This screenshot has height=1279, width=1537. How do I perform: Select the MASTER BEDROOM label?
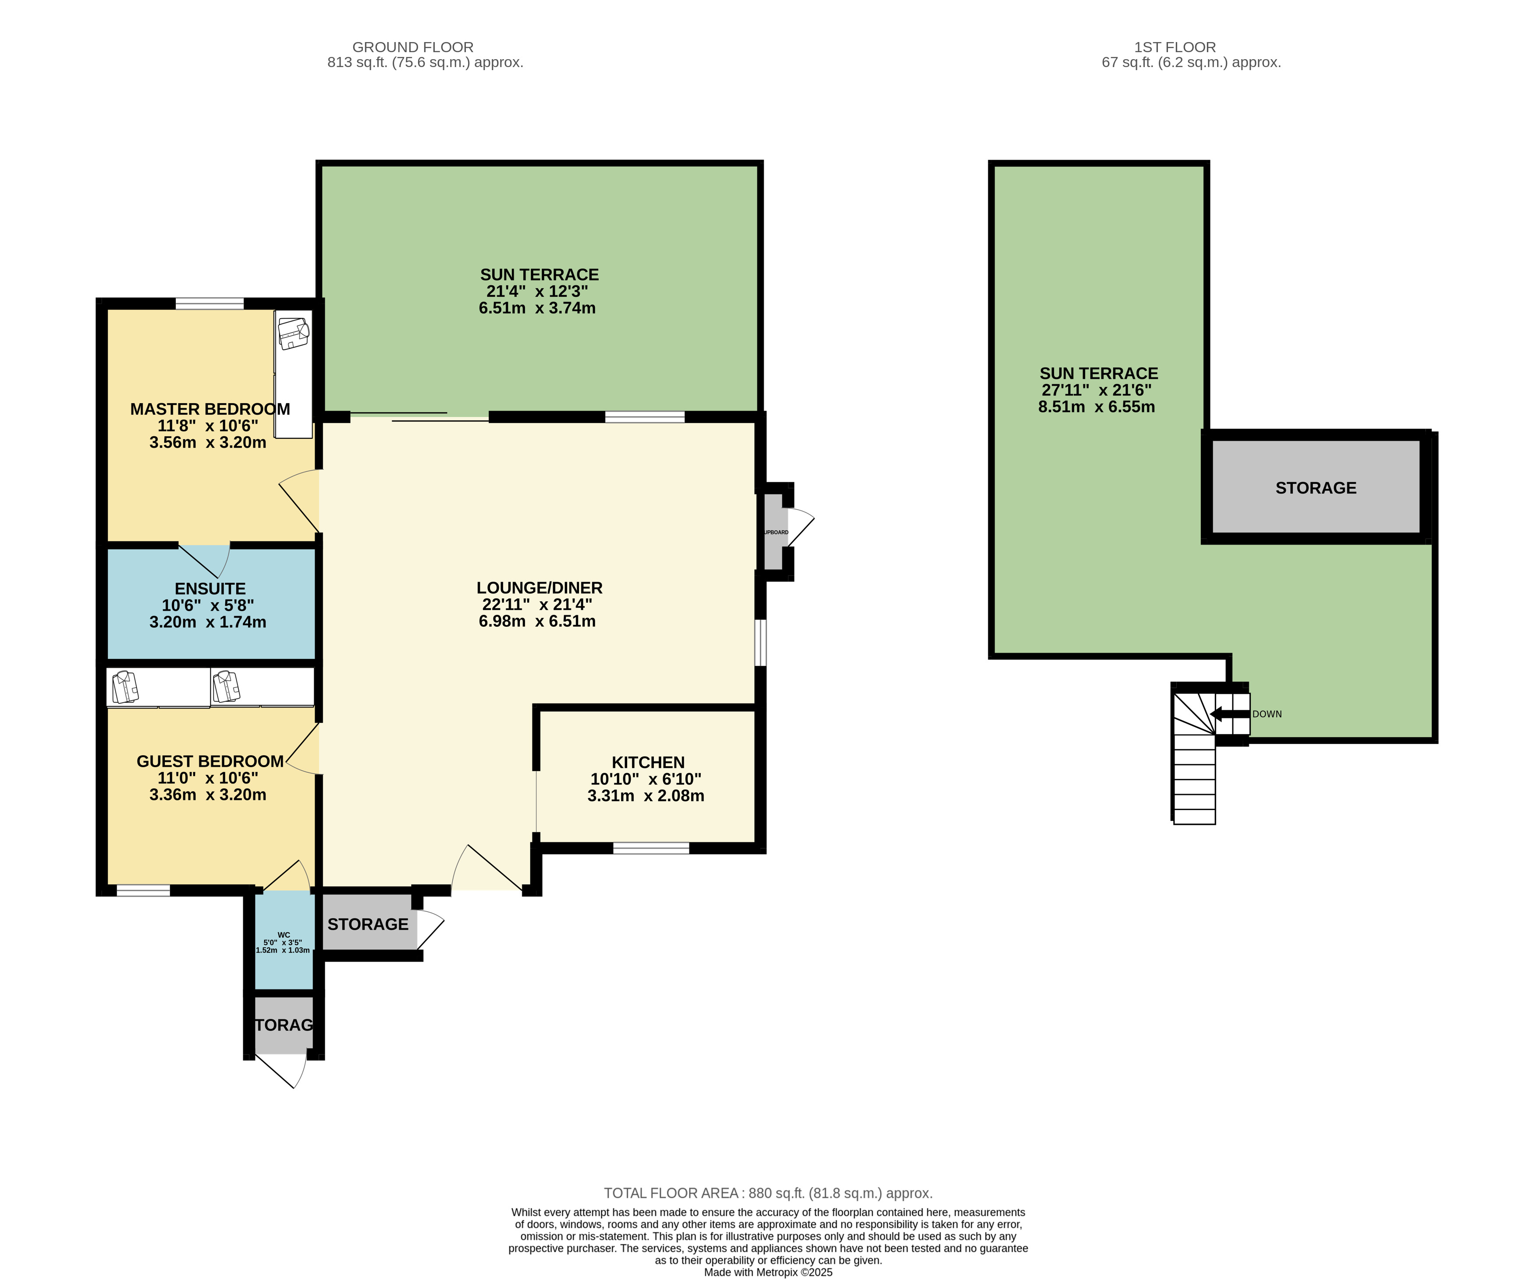pyautogui.click(x=210, y=409)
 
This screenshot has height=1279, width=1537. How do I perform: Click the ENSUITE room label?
pyautogui.click(x=210, y=589)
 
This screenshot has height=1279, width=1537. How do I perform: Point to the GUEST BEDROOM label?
pyautogui.click(x=210, y=761)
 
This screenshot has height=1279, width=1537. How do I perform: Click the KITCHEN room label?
pyautogui.click(x=648, y=762)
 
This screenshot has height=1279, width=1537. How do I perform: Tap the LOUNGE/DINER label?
pyautogui.click(x=540, y=588)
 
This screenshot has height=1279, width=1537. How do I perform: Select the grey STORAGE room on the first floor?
pyautogui.click(x=1315, y=487)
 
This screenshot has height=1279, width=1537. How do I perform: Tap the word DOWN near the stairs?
pyautogui.click(x=1267, y=714)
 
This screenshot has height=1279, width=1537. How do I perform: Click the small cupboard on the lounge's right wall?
pyautogui.click(x=774, y=532)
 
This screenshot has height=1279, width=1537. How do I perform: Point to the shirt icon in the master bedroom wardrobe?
pyautogui.click(x=294, y=332)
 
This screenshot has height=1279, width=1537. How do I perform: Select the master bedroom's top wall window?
pyautogui.click(x=209, y=303)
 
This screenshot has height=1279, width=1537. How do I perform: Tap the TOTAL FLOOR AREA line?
pyautogui.click(x=768, y=1194)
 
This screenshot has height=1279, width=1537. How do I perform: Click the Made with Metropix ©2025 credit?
pyautogui.click(x=768, y=1272)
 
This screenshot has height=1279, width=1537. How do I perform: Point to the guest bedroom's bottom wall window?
pyautogui.click(x=143, y=890)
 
